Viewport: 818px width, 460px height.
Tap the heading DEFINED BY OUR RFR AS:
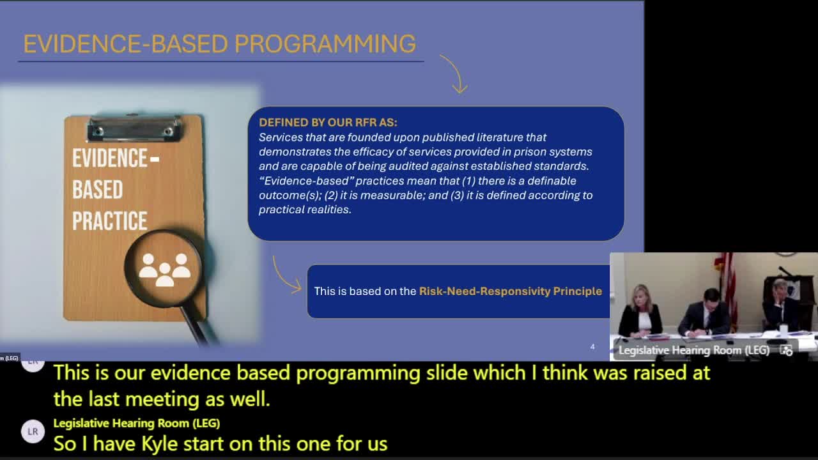(x=328, y=122)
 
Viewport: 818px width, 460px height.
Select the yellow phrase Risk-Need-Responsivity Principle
(x=510, y=291)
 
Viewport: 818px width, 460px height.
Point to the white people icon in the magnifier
(x=165, y=269)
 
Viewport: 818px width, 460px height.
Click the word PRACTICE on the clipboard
(x=109, y=221)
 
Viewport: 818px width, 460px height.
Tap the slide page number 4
(x=592, y=347)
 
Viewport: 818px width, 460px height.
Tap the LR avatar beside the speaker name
(x=33, y=431)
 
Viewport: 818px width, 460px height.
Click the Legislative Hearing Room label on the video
(x=693, y=350)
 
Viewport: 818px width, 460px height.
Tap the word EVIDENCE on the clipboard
(x=109, y=158)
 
